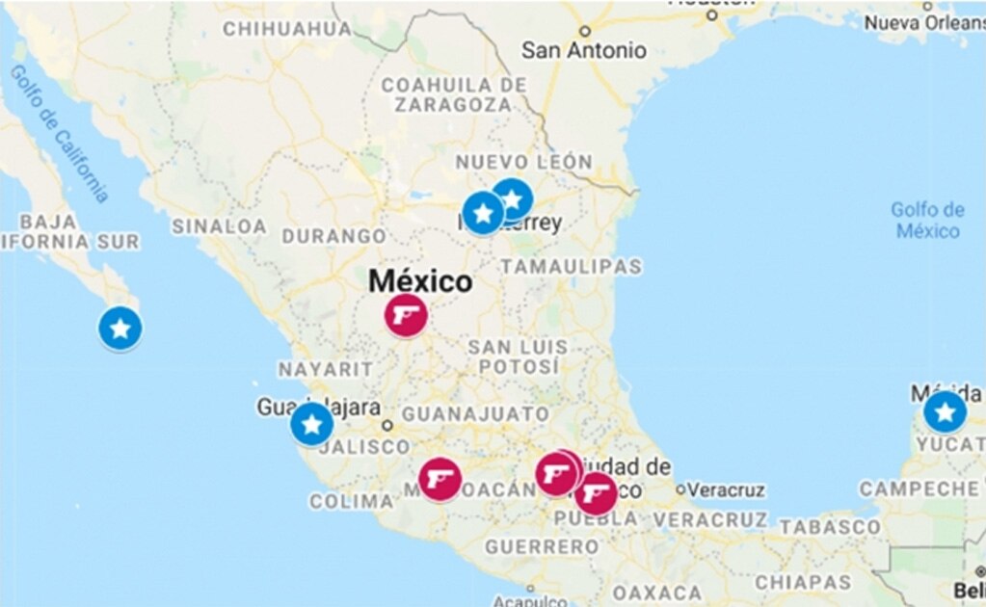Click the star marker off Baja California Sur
(120, 330)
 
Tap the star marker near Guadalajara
(311, 424)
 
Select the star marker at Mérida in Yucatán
(945, 412)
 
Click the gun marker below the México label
(407, 315)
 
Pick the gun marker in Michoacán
(440, 479)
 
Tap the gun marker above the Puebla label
(597, 494)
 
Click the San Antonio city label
(584, 49)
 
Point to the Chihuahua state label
(288, 29)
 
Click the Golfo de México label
(927, 220)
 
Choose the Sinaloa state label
(219, 226)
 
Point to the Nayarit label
(325, 369)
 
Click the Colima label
(352, 501)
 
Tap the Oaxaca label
(657, 591)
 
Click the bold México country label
(421, 281)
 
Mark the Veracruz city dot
(681, 490)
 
